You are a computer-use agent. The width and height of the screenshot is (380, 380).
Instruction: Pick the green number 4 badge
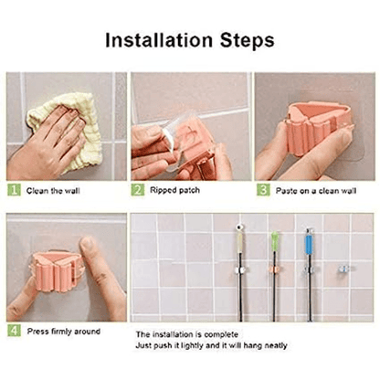tap(14, 331)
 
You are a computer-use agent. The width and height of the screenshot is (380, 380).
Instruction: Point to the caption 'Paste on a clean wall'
tap(315, 190)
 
